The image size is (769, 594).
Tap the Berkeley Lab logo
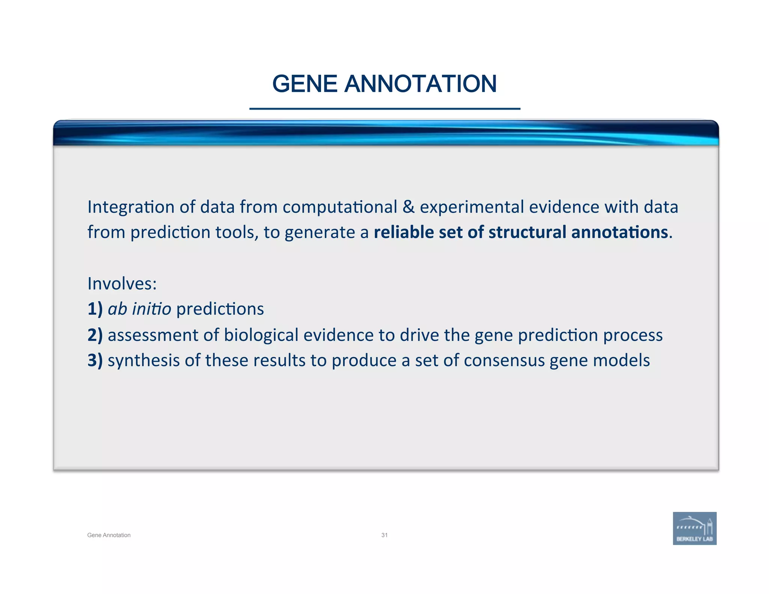pos(694,528)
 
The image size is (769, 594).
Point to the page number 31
pos(384,535)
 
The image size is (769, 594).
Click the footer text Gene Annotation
pos(109,535)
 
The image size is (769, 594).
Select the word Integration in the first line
pos(131,207)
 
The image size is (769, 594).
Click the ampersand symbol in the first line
pos(408,207)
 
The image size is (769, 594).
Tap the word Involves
pos(122,283)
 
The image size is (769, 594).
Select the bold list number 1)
pos(95,309)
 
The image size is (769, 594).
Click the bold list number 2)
pos(95,335)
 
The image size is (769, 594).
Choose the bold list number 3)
pos(95,360)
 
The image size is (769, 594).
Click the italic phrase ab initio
pos(139,309)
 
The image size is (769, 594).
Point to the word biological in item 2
pos(261,335)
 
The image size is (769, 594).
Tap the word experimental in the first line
pos(472,207)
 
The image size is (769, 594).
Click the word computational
pos(340,207)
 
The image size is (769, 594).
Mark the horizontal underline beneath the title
pos(384,109)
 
